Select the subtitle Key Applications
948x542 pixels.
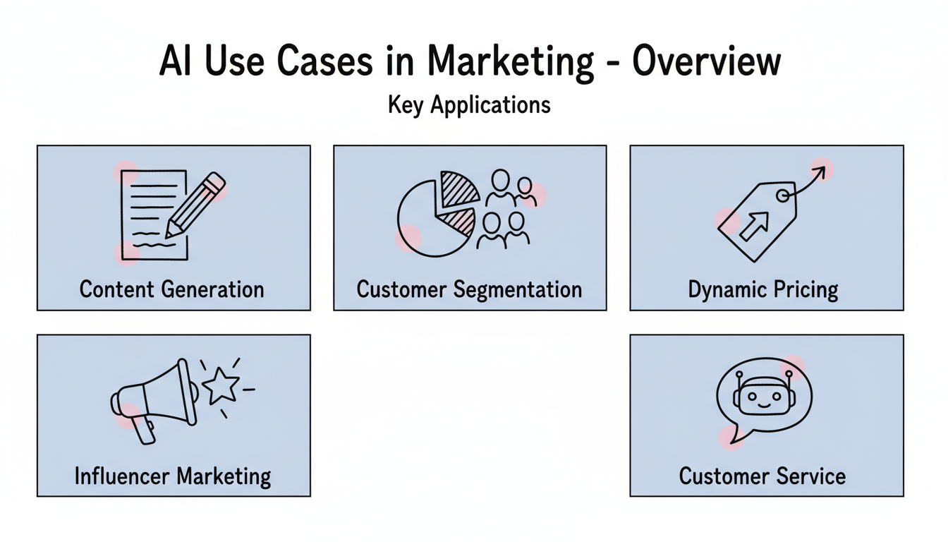pyautogui.click(x=469, y=105)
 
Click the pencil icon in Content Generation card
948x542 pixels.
pyautogui.click(x=196, y=205)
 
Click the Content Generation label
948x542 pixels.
pyautogui.click(x=172, y=289)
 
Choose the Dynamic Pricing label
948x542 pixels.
pyautogui.click(x=763, y=289)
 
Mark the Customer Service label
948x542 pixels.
pyautogui.click(x=762, y=476)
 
